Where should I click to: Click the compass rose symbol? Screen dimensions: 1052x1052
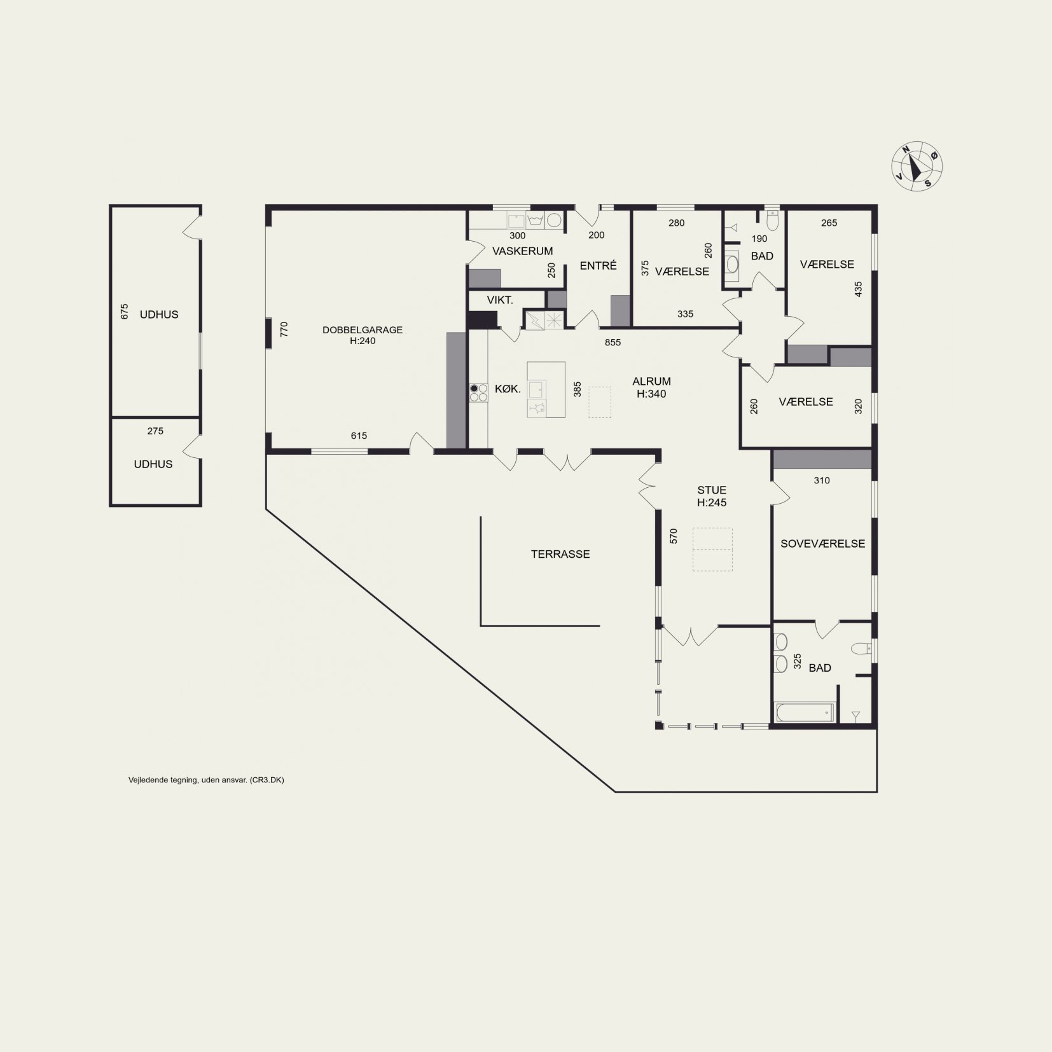point(917,166)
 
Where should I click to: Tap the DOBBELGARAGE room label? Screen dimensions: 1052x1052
point(363,330)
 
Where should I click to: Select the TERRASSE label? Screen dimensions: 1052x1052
point(560,554)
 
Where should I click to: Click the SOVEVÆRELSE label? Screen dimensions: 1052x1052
point(822,543)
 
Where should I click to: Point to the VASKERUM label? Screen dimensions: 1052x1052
point(523,251)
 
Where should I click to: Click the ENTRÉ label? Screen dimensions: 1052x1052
point(598,265)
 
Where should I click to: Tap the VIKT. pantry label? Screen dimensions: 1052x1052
point(500,300)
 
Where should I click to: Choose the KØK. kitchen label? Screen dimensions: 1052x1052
point(508,389)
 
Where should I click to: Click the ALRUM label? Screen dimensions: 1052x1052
point(651,382)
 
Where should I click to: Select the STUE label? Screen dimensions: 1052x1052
point(712,490)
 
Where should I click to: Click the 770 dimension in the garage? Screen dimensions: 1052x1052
point(284,329)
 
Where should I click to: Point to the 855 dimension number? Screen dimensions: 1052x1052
point(613,342)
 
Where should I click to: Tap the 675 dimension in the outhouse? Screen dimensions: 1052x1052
point(124,311)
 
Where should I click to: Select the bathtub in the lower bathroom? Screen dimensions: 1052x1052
point(804,712)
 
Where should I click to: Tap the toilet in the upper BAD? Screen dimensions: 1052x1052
point(772,220)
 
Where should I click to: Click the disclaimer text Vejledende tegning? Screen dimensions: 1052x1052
point(206,780)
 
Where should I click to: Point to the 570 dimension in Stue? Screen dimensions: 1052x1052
point(674,536)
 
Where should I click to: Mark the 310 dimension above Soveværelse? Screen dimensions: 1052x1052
point(822,481)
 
